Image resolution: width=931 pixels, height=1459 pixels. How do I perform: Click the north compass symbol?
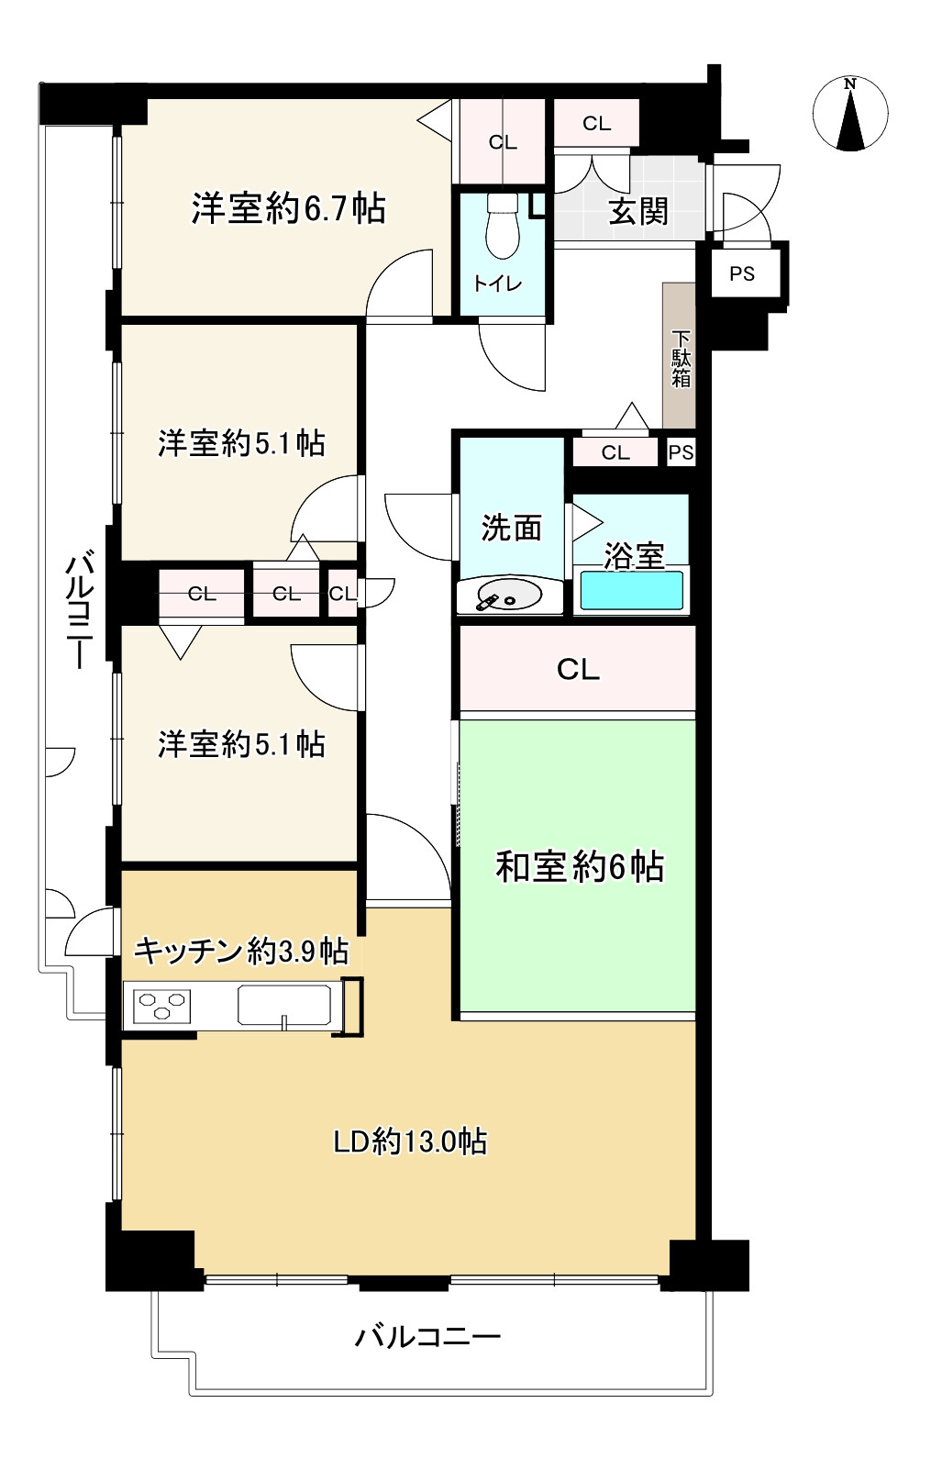coord(850,114)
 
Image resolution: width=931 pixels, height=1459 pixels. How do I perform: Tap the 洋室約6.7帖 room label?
coord(288,209)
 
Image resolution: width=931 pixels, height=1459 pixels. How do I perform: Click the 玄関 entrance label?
coord(638,212)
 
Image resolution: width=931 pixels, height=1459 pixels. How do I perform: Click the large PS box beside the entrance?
coord(742,273)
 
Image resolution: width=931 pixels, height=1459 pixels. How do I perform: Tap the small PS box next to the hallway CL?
coord(681,452)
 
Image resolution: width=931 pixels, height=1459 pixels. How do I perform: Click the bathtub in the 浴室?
coord(630,590)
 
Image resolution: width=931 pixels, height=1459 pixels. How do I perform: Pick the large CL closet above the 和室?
coord(577,669)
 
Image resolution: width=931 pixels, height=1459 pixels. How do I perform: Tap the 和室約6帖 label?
coord(580,866)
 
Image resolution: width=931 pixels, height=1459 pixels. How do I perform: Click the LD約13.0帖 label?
coord(409,1142)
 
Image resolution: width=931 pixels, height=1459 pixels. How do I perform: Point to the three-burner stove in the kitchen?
coord(162,1005)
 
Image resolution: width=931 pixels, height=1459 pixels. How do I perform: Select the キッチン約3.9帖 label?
coord(241,951)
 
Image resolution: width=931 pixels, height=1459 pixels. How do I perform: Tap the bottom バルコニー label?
coord(427,1336)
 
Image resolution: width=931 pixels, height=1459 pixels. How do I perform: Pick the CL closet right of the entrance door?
coord(596,123)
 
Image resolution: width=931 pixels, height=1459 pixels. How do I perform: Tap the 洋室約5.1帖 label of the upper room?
coord(241,444)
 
